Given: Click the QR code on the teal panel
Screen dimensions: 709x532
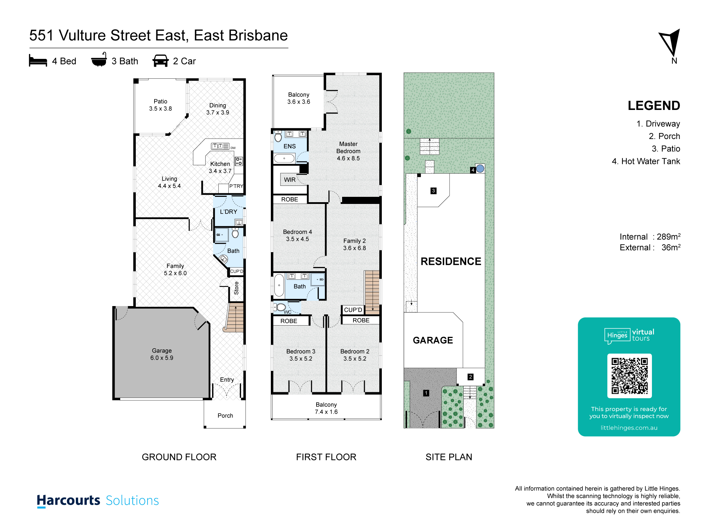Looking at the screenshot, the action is pos(629,376).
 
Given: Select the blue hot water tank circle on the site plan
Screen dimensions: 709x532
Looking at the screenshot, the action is pos(480,168).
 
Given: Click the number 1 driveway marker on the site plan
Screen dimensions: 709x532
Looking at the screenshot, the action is pos(426,393).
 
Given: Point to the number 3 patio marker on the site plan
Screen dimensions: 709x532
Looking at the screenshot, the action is pos(433,191).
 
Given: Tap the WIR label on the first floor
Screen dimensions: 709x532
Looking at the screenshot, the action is pos(290,180).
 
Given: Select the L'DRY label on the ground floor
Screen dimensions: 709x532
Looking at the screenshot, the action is pos(228,212).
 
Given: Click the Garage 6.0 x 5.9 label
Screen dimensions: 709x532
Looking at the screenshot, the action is pos(162,354).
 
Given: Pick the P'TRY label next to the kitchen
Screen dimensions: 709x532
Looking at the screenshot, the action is pos(236,186).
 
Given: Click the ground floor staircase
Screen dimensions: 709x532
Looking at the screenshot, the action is pos(234,317).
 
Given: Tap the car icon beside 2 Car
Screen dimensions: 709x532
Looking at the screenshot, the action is pos(160,61).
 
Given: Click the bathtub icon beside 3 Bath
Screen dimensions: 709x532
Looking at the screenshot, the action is pos(99,60).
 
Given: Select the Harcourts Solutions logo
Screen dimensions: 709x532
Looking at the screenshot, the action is pos(98,500).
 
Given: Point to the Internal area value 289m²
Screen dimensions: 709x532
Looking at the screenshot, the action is pos(669,237).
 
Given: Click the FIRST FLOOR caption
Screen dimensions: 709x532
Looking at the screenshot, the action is pos(326,457).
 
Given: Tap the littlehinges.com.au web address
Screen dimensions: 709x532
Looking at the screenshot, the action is pos(629,428).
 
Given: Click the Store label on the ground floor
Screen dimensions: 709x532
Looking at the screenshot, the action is pos(236,288).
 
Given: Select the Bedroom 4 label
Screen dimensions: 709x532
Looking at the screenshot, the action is pos(297,235).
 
